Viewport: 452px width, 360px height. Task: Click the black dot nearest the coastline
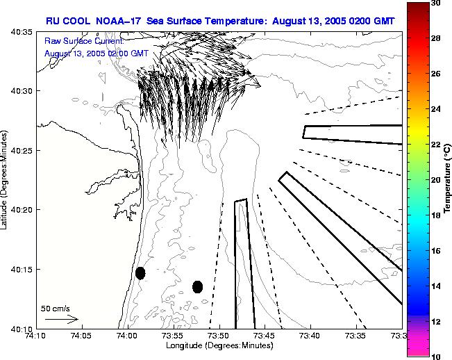point(140,273)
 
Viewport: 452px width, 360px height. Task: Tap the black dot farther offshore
point(198,286)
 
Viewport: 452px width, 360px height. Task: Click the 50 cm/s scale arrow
point(60,319)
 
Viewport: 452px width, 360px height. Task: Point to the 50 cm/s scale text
point(56,308)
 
